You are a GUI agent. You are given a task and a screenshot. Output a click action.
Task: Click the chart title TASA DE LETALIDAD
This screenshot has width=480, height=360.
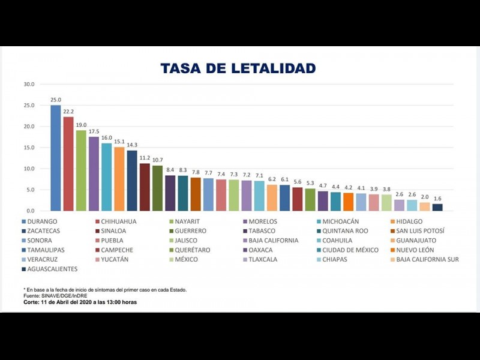[x=238, y=68]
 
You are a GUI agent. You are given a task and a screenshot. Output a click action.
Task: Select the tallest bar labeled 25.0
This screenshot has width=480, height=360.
[x=55, y=158]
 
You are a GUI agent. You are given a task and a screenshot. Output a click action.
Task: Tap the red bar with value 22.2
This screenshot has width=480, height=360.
[x=68, y=164]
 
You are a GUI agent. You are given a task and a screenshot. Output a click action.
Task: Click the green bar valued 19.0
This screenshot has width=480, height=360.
[x=81, y=170]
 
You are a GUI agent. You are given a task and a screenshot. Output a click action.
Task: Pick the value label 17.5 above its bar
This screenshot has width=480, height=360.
[x=94, y=131]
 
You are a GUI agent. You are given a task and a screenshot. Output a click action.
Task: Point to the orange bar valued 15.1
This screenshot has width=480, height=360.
[x=119, y=179]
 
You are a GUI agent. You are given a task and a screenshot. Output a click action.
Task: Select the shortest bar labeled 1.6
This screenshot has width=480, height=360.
[x=437, y=207]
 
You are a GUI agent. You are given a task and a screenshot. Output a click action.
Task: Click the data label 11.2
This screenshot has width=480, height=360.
[x=145, y=158]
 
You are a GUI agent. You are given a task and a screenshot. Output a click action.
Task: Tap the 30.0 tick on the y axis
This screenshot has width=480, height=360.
[x=29, y=84]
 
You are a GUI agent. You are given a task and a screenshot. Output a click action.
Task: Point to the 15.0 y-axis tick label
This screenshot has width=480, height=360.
[x=29, y=148]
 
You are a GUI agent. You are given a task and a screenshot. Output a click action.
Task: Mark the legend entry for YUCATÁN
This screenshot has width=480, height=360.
[x=115, y=259]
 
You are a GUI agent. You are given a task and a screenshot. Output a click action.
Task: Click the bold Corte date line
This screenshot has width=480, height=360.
[x=80, y=302]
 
